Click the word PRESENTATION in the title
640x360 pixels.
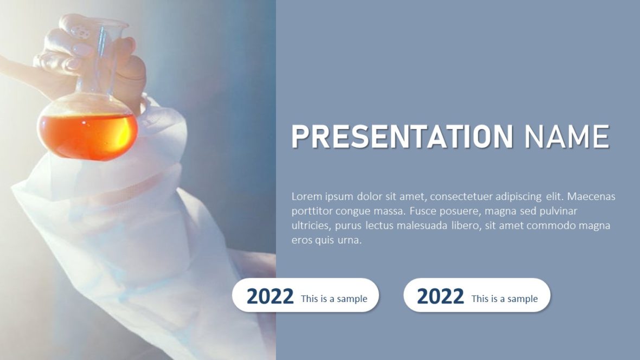tap(402, 137)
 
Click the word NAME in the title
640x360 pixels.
tap(567, 137)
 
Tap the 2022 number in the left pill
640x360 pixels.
tap(270, 297)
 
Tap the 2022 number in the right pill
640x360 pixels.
tap(440, 297)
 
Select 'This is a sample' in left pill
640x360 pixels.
tap(334, 299)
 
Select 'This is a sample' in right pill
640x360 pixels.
tap(504, 299)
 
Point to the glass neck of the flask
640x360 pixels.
tap(101, 60)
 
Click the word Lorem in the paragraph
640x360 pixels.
tap(307, 196)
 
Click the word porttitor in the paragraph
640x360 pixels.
tap(312, 211)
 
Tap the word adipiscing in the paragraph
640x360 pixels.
tap(518, 196)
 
